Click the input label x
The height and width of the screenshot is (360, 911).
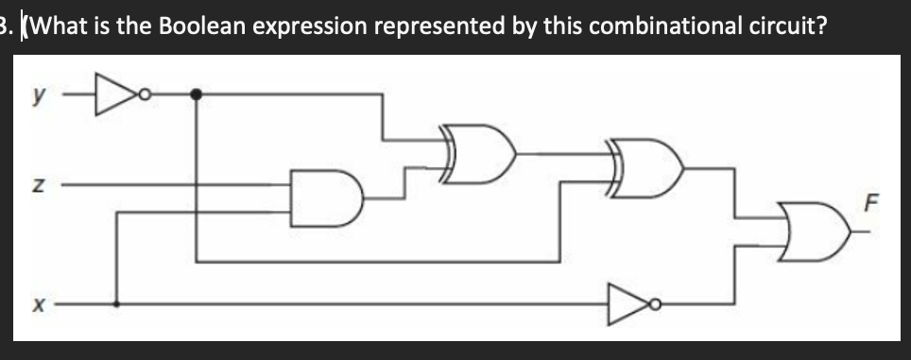coord(38,304)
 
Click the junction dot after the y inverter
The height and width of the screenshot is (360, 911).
coord(198,94)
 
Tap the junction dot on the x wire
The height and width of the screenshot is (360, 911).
coord(116,304)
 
